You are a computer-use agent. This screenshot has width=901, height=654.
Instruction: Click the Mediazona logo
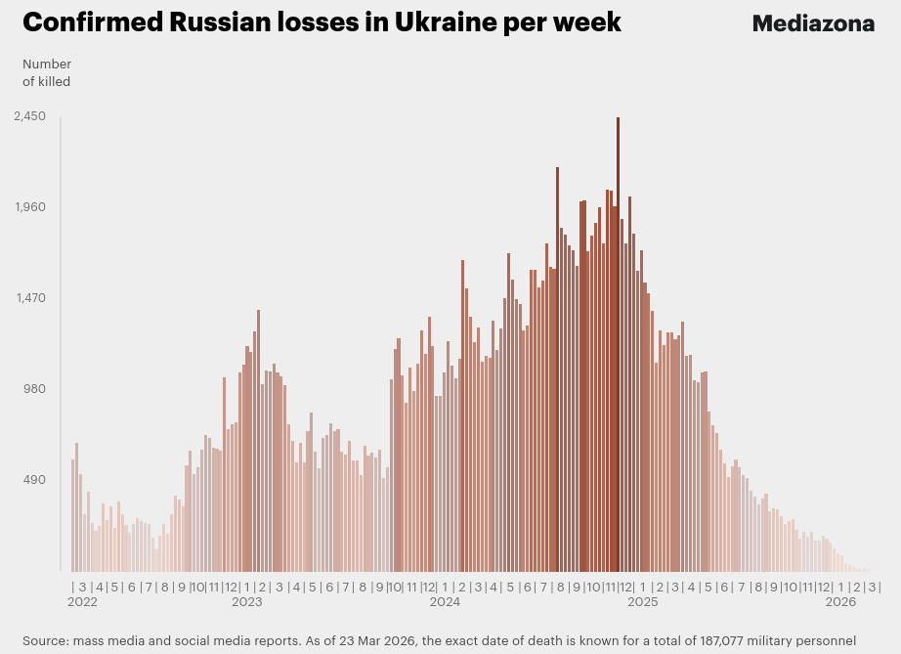[x=812, y=23]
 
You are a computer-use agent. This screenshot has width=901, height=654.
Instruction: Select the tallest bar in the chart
[x=618, y=342]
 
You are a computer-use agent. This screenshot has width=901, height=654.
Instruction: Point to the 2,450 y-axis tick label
[x=29, y=116]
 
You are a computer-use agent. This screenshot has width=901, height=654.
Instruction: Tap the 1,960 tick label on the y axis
[x=29, y=207]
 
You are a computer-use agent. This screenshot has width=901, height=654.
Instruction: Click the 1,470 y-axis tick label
[x=29, y=298]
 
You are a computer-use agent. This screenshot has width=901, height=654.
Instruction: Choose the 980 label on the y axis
[x=34, y=389]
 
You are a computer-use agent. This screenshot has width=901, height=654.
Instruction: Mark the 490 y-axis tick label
[x=34, y=480]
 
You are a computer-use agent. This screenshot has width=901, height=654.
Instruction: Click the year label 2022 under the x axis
[x=82, y=603]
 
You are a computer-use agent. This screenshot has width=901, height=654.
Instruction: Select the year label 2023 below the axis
[x=246, y=603]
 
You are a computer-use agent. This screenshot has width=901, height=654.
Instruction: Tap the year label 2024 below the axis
[x=445, y=603]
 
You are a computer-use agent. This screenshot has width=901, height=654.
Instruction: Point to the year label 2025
[x=642, y=603]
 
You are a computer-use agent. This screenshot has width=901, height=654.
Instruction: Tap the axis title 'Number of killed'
[x=46, y=73]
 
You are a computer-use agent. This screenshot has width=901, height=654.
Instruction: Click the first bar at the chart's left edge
[x=72, y=515]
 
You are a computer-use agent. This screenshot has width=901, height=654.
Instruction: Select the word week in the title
[x=590, y=22]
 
